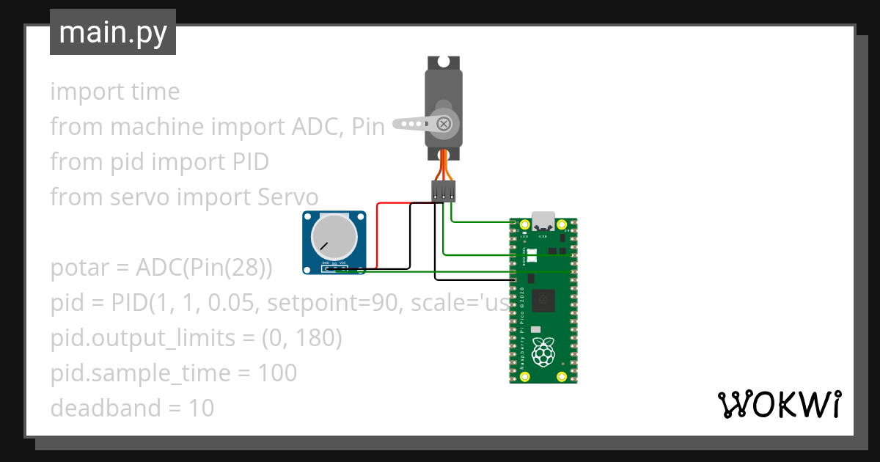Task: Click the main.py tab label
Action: (112, 32)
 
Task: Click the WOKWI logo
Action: (778, 404)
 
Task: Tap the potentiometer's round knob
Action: (334, 239)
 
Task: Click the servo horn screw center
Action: (444, 123)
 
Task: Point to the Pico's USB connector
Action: (543, 221)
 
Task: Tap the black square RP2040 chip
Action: (543, 298)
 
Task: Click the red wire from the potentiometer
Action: (377, 235)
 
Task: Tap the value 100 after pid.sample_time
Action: (277, 373)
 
